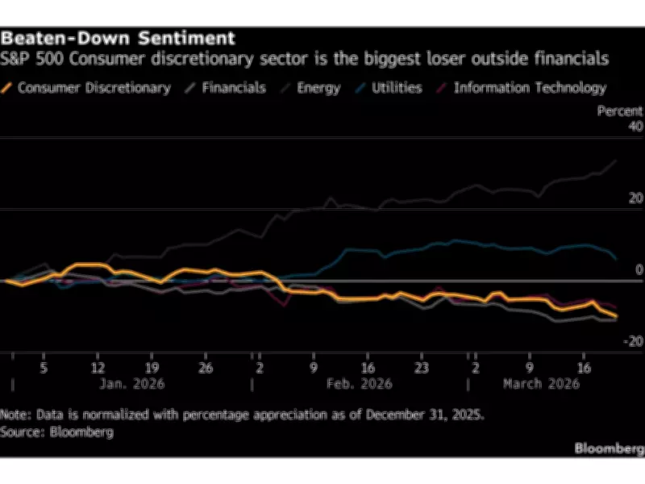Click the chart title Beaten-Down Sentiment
[118, 38]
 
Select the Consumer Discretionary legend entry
[94, 88]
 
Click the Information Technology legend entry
[529, 88]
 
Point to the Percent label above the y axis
[619, 111]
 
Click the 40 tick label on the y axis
[635, 127]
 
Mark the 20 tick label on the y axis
[635, 198]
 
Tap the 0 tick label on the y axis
[639, 269]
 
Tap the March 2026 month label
[541, 384]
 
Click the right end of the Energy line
[617, 161]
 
